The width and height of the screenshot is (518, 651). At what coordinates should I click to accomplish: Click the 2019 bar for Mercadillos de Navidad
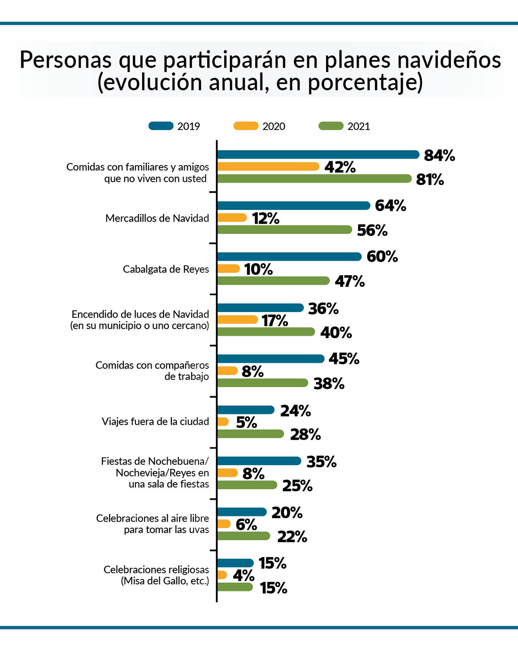(294, 206)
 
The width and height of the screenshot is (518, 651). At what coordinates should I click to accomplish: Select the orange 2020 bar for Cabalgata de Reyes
(228, 269)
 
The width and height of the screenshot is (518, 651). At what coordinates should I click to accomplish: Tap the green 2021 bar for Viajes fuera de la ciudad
(250, 434)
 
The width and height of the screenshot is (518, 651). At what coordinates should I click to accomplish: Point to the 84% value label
(439, 155)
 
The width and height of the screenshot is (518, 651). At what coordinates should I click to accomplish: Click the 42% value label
(340, 167)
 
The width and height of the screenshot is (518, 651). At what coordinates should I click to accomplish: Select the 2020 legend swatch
(246, 126)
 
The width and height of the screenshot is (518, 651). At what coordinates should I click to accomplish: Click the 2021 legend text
(359, 126)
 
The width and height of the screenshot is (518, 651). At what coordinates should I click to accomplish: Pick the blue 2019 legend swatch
(161, 126)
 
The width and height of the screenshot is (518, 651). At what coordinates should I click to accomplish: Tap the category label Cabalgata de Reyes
(166, 269)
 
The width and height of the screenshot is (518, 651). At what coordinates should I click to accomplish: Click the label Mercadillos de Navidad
(157, 219)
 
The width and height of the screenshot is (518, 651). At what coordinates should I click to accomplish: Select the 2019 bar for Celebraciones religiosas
(235, 563)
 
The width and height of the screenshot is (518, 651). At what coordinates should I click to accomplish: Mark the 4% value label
(243, 576)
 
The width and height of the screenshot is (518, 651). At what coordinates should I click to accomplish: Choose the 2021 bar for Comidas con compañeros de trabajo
(262, 383)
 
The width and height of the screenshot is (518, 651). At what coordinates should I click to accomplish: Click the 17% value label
(275, 321)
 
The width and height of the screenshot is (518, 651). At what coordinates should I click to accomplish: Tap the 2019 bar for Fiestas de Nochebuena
(259, 461)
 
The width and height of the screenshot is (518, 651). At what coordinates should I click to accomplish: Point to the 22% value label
(292, 537)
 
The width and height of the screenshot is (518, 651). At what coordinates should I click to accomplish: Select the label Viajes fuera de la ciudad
(155, 422)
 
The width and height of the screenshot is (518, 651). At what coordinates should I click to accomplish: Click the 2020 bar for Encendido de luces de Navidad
(237, 319)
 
